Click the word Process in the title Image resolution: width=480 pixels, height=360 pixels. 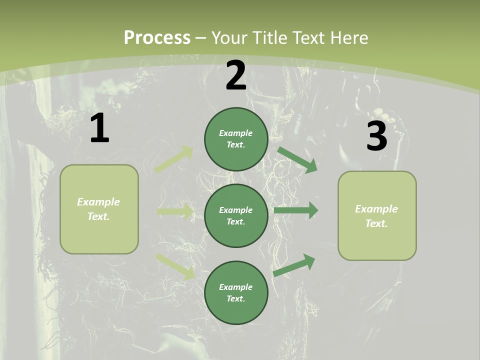coord(157,38)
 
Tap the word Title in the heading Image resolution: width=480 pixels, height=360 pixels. coord(270,38)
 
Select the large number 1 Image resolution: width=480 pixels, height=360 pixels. coord(99,128)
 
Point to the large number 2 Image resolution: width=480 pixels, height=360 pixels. coord(236,76)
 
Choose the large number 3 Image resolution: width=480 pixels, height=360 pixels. coord(376,136)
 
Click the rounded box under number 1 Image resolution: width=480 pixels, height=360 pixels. coord(99,209)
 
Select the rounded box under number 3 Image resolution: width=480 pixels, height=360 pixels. coord(377,216)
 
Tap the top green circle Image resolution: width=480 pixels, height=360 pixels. coord(236,139)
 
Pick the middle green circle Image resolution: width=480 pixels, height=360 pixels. coord(236,215)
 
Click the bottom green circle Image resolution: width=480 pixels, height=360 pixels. coord(236,292)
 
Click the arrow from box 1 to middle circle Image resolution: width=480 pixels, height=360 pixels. coord(175,212)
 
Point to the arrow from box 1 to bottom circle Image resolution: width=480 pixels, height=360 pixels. coord(175,266)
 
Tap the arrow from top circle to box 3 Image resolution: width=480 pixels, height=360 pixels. coord(297,159)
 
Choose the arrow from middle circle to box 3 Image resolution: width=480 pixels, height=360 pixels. coord(296,210)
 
